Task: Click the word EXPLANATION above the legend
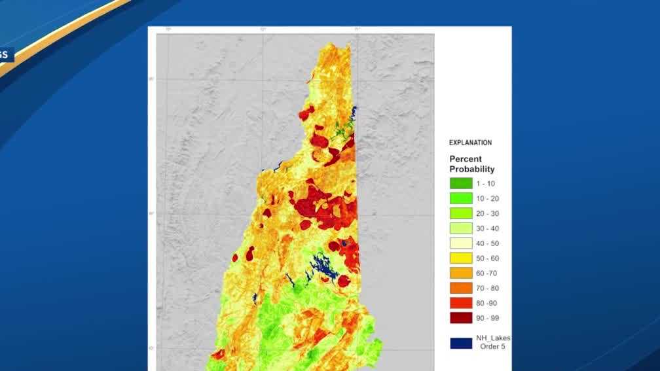pyautogui.click(x=470, y=143)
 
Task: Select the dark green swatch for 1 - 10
pyautogui.click(x=461, y=183)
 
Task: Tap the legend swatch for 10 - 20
pyautogui.click(x=461, y=198)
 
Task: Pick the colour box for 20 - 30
pyautogui.click(x=461, y=213)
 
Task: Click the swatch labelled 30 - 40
pyautogui.click(x=461, y=228)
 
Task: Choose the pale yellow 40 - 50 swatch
pyautogui.click(x=461, y=243)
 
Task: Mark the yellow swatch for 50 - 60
pyautogui.click(x=461, y=258)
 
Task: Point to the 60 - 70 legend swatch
pyautogui.click(x=461, y=274)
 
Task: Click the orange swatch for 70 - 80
pyautogui.click(x=461, y=289)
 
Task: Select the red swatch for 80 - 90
pyautogui.click(x=461, y=304)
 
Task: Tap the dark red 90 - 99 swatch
pyautogui.click(x=461, y=319)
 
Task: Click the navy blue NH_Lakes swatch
pyautogui.click(x=461, y=342)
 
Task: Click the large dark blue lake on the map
pyautogui.click(x=321, y=266)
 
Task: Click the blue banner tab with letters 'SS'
pyautogui.click(x=6, y=55)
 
